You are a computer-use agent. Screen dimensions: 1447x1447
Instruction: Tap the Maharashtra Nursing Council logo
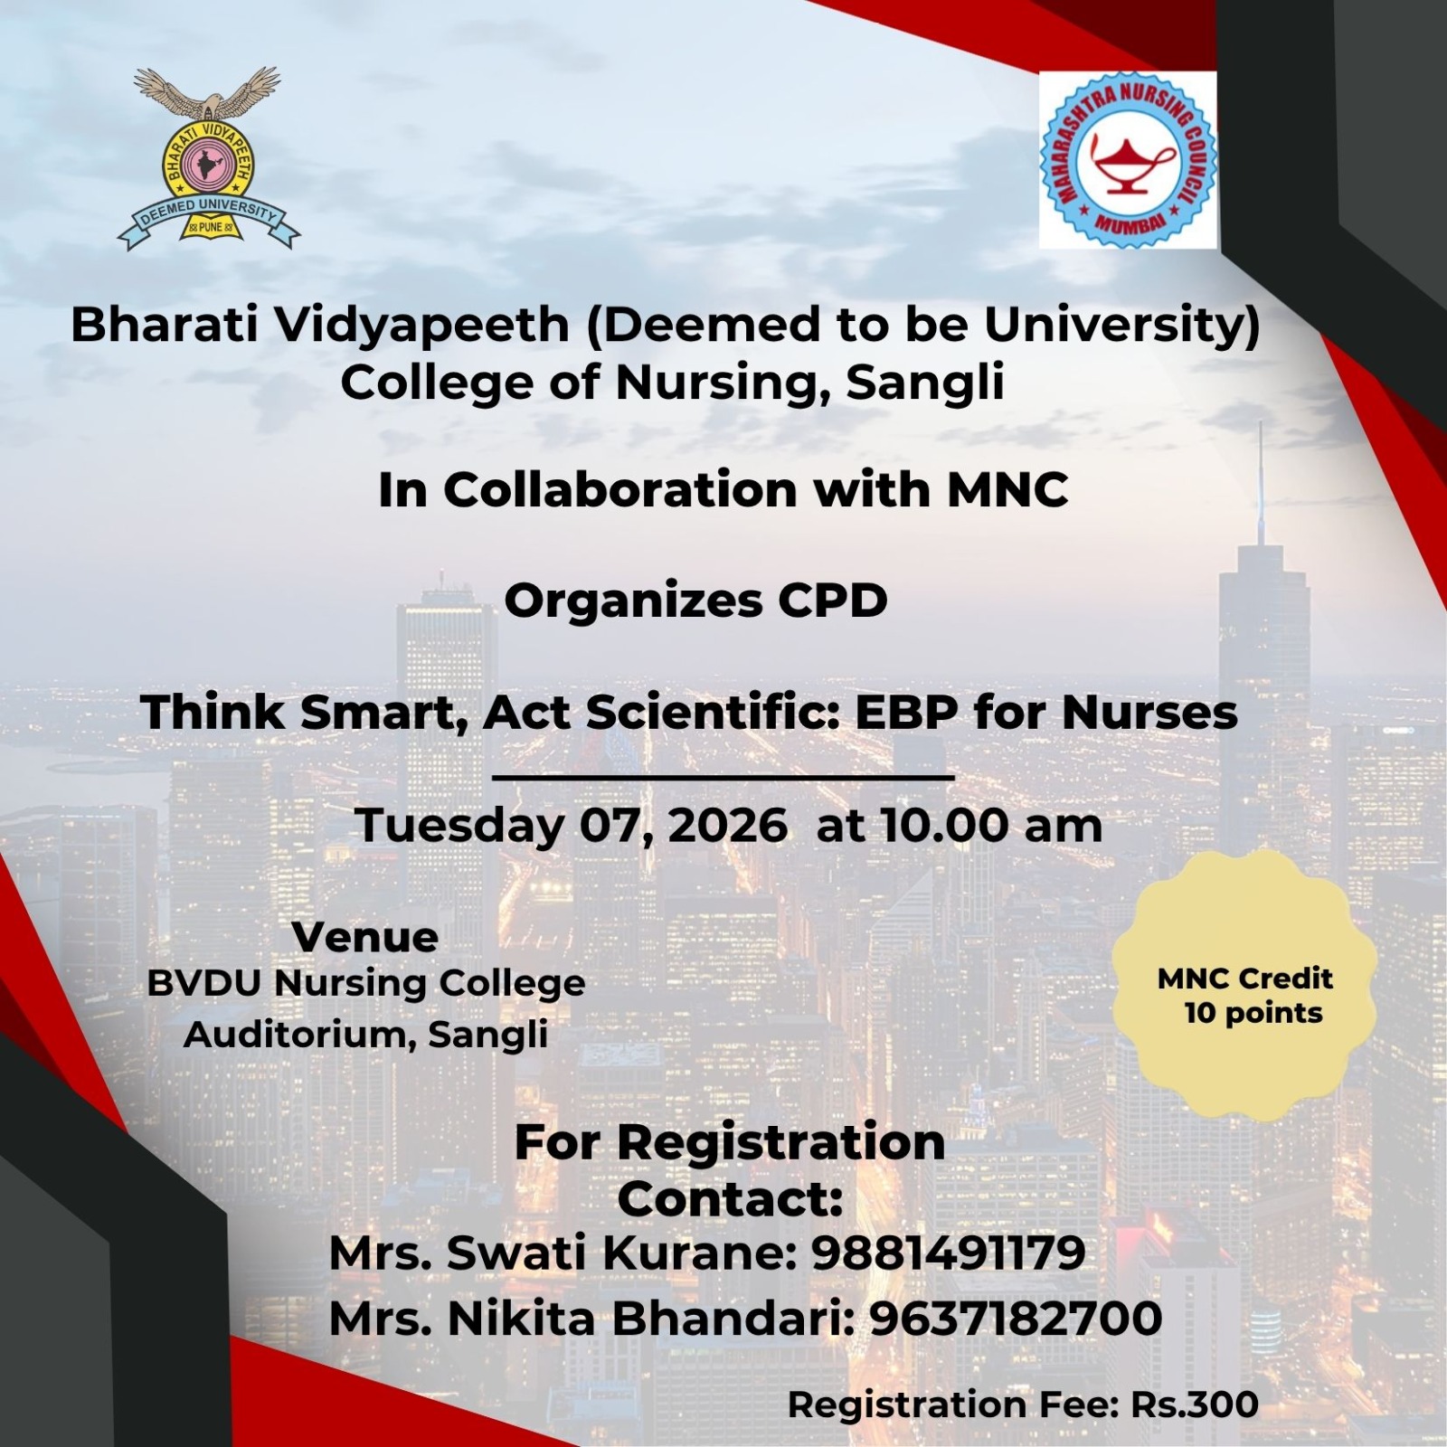(x=1128, y=160)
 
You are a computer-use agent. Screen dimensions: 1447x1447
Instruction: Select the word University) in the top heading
(x=1122, y=325)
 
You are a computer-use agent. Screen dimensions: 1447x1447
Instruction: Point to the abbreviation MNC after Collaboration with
(x=1007, y=490)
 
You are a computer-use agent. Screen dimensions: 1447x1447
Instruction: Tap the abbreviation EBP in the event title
(x=907, y=713)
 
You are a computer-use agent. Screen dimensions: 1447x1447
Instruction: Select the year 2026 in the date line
(x=728, y=826)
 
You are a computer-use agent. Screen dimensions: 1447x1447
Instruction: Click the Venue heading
(x=365, y=937)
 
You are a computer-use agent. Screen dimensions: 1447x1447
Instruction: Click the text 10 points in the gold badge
(x=1253, y=1014)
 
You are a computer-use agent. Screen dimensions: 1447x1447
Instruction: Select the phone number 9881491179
(x=948, y=1253)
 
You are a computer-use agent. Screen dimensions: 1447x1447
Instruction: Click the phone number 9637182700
(x=1016, y=1319)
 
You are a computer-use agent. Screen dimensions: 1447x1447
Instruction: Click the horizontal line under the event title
(x=723, y=777)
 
